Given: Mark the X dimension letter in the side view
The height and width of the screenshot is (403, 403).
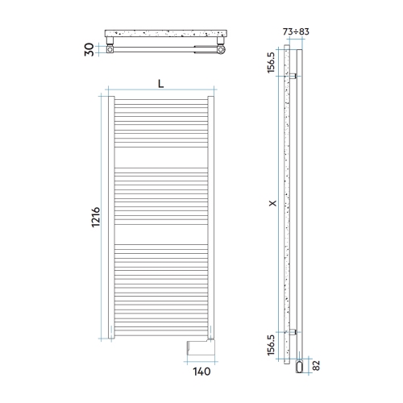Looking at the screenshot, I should pyautogui.click(x=274, y=205).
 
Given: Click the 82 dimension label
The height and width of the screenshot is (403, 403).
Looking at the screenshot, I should pyautogui.click(x=315, y=367).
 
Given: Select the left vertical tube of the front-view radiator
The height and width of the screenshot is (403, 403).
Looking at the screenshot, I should pyautogui.click(x=113, y=218).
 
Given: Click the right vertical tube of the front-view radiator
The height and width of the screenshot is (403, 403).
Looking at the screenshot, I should pyautogui.click(x=211, y=218).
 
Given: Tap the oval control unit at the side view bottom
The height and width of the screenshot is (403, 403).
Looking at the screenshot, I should pyautogui.click(x=301, y=367).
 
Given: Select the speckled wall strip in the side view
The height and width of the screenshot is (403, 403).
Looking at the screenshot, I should pyautogui.click(x=287, y=201).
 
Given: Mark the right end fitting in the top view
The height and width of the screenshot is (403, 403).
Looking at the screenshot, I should pyautogui.click(x=217, y=50).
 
